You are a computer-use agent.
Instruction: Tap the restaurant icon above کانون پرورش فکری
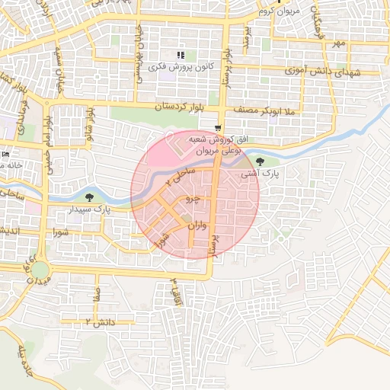[x=181, y=55]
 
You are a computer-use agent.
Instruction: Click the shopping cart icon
[x=219, y=128]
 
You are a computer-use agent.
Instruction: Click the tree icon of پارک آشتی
[x=261, y=161]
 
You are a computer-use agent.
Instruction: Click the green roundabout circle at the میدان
[x=39, y=270]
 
